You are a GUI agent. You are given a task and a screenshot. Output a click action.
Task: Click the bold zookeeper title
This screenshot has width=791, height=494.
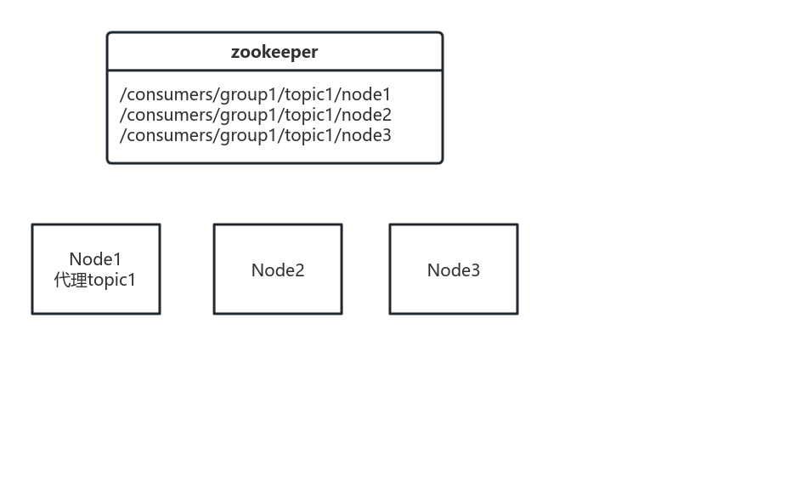[x=274, y=52]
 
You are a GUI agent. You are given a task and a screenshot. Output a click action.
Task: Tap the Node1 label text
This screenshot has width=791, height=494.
[x=95, y=259]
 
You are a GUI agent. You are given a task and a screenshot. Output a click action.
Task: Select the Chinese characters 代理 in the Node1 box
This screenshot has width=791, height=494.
[x=71, y=280]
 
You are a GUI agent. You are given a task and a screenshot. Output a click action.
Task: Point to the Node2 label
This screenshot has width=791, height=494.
[x=278, y=270]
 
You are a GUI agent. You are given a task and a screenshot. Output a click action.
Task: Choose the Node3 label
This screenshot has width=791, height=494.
[x=453, y=270]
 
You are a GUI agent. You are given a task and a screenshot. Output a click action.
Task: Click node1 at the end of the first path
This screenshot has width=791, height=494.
[x=366, y=94]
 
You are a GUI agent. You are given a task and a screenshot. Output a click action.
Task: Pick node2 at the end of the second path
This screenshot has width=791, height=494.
[x=366, y=115]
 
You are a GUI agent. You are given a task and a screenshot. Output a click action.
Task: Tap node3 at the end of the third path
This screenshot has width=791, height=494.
[x=366, y=135]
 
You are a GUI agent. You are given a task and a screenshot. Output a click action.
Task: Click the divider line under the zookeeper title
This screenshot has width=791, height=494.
[x=274, y=71]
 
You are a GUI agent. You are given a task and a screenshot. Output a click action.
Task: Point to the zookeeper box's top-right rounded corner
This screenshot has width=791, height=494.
[x=440, y=35]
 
